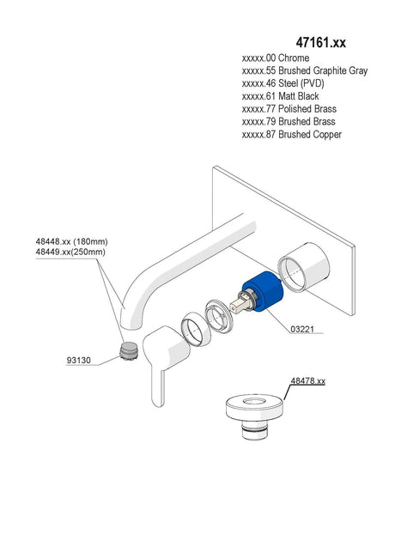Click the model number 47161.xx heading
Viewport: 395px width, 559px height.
pos(320,42)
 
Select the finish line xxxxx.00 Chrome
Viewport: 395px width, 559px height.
pos(276,58)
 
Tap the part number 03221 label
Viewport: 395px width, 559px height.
pos(302,329)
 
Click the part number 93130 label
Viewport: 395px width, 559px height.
pos(79,360)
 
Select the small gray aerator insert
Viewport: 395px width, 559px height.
pos(128,351)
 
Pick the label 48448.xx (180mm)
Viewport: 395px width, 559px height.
pos(71,241)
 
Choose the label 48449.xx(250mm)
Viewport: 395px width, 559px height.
pos(70,252)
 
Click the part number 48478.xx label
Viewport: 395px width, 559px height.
pos(308,380)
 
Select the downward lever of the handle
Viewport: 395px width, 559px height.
pos(158,386)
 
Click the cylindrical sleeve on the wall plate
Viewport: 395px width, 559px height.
pos(304,266)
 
